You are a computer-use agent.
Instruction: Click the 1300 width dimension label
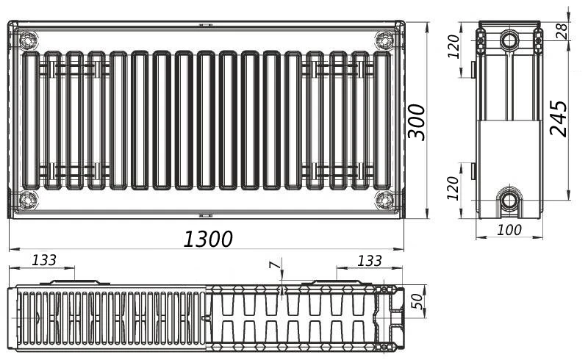point(208,239)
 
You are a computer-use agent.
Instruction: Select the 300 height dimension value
point(417,122)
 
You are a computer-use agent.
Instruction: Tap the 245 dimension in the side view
point(559,118)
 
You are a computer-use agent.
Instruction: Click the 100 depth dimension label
point(509,230)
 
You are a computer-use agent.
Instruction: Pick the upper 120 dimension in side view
point(453,46)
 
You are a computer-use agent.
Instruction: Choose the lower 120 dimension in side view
point(453,188)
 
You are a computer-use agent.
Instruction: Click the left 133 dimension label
point(44,260)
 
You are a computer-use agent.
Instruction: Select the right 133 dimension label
point(370,261)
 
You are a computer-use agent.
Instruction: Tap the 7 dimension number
point(275,265)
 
